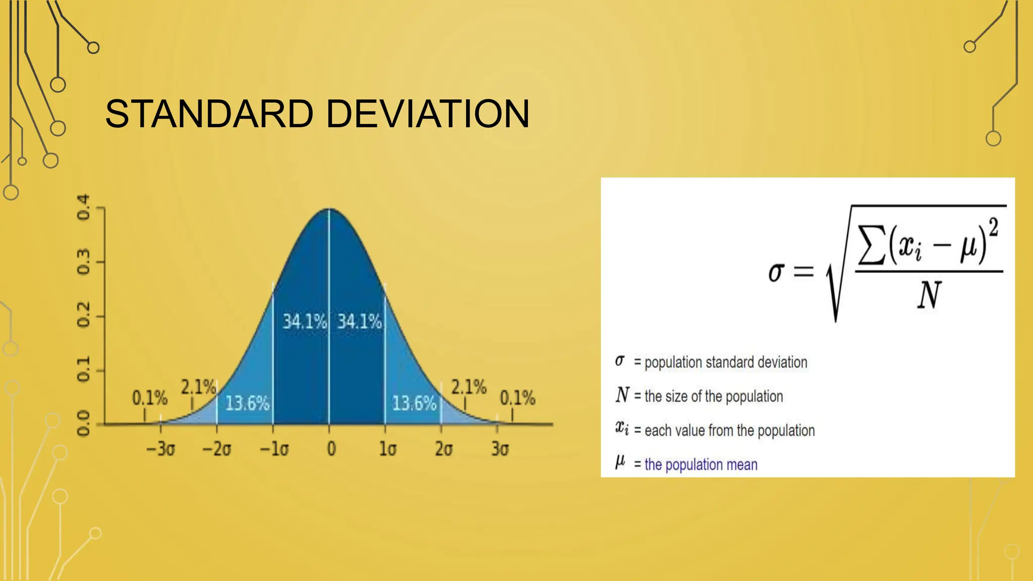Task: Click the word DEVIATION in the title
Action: [428, 114]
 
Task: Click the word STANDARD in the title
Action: [209, 114]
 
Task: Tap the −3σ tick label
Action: [160, 448]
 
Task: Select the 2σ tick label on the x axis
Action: [443, 448]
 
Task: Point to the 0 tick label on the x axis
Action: [331, 448]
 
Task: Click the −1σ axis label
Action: [274, 448]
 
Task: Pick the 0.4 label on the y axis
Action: [83, 207]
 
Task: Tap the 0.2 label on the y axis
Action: [83, 315]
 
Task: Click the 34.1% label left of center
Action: [304, 321]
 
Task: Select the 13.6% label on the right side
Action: [414, 403]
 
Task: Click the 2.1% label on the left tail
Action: [198, 387]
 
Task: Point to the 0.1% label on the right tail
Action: [517, 398]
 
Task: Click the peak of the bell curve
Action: [329, 209]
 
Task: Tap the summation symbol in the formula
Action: [872, 245]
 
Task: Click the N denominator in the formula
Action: [929, 296]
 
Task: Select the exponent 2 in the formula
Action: [993, 227]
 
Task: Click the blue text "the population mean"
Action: [701, 464]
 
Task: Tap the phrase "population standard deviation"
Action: [725, 362]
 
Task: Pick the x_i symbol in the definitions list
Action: [621, 428]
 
